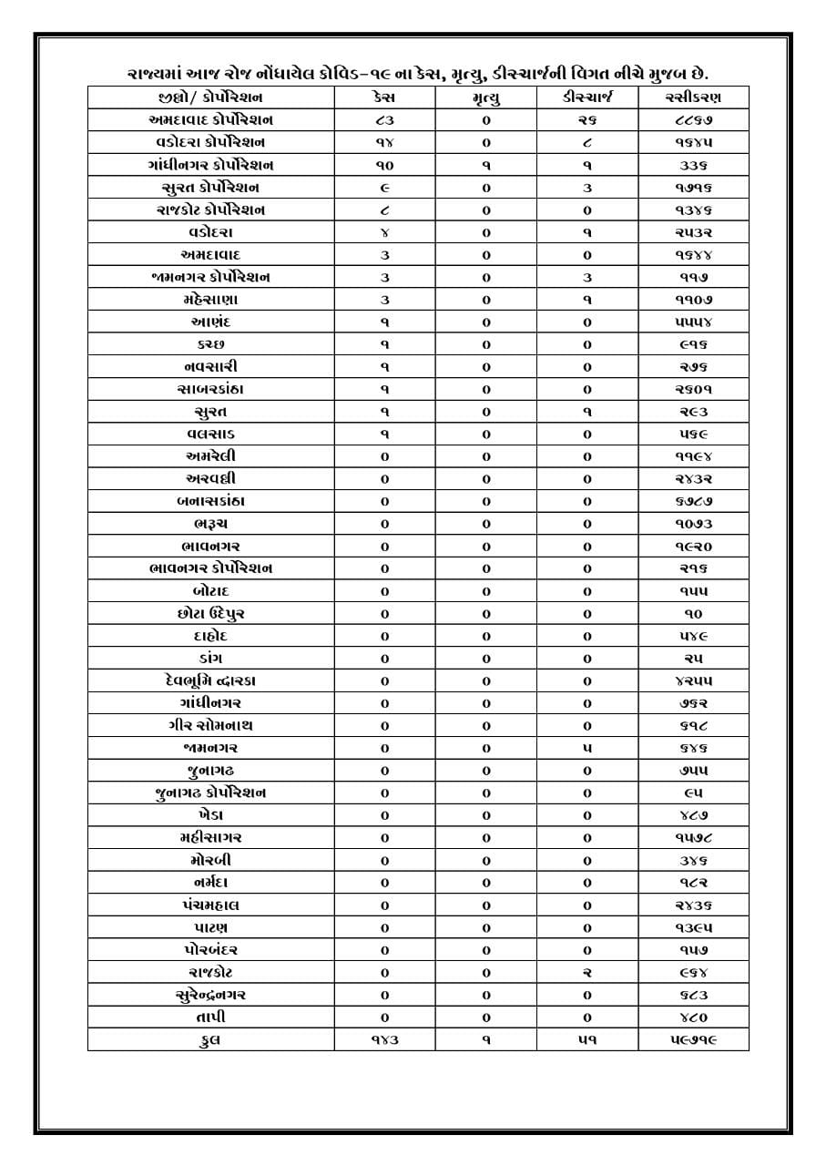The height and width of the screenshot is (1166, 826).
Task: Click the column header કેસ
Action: (383, 97)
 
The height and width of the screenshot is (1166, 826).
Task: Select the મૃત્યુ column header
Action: (485, 97)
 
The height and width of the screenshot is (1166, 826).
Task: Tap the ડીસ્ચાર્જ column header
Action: (586, 97)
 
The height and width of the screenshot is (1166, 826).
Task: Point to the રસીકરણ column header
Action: (693, 97)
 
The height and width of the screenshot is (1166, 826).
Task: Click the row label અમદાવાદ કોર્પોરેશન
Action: (210, 120)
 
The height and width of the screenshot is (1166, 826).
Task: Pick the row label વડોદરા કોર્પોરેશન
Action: (210, 142)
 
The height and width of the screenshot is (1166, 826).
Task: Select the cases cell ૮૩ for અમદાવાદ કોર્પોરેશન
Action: (383, 120)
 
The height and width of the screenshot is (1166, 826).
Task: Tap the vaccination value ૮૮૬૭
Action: (693, 120)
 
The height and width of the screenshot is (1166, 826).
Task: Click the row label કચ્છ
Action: (210, 344)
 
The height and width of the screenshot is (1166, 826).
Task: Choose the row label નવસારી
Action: (210, 366)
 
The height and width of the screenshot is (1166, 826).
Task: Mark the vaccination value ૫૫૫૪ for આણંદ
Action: (693, 322)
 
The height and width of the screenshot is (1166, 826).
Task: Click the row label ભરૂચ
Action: (210, 524)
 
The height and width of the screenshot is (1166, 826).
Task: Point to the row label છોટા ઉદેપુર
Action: (210, 613)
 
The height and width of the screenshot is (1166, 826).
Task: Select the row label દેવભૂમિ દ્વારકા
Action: (210, 680)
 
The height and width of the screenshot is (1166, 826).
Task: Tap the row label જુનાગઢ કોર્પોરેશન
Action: (210, 793)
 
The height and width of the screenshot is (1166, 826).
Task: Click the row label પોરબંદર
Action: (210, 950)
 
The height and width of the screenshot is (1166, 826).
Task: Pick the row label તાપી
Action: (210, 1018)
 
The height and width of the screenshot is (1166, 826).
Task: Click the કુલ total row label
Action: (210, 1039)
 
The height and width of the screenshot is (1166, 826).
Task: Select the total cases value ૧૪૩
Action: (383, 1039)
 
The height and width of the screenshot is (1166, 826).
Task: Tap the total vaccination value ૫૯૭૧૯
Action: (693, 1039)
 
